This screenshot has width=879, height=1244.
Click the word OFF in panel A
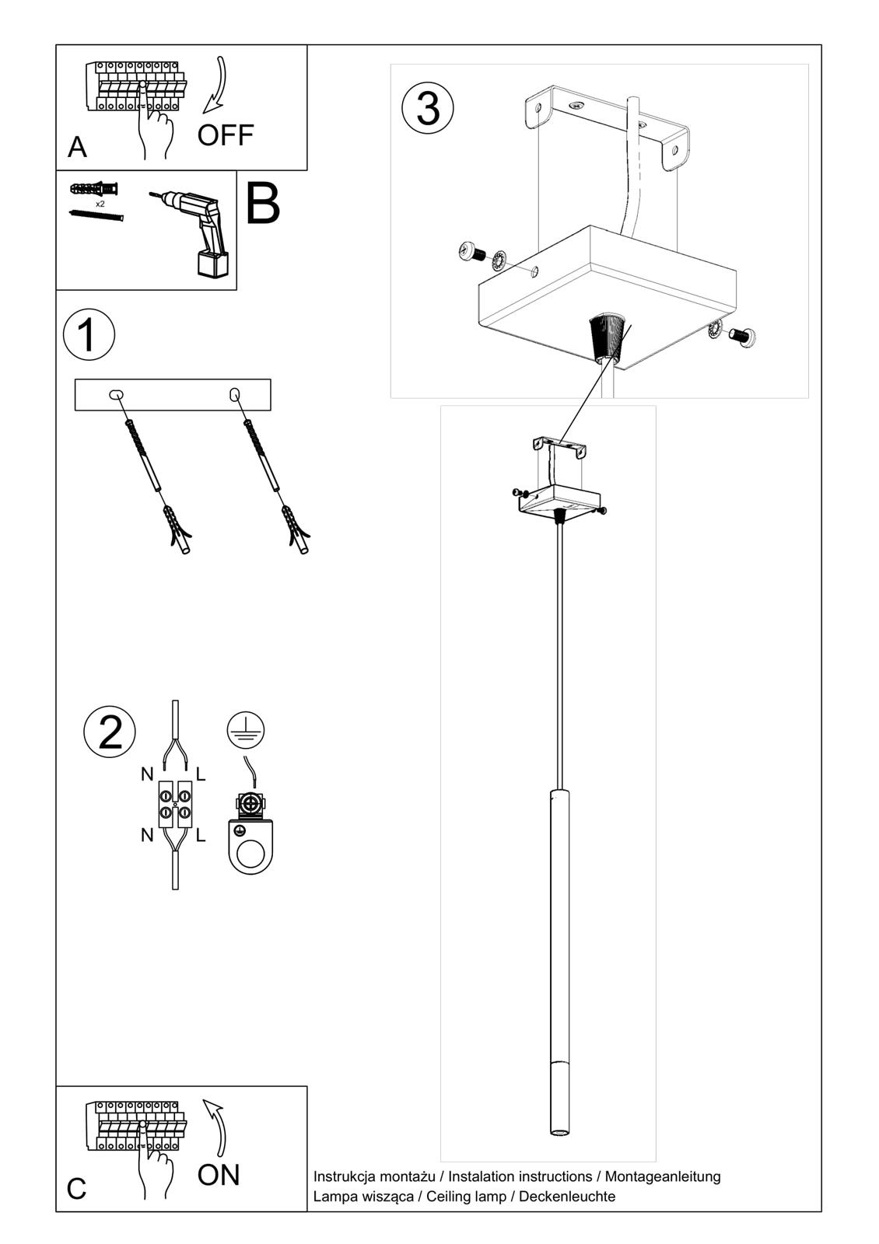click(x=225, y=135)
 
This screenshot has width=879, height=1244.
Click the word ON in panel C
click(x=219, y=1175)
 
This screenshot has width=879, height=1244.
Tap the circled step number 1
click(x=89, y=335)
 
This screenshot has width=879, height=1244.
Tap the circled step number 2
click(x=110, y=732)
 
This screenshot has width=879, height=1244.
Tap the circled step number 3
click(x=428, y=108)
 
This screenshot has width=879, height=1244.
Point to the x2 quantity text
click(x=100, y=204)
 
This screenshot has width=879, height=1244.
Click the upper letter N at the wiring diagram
click(x=147, y=774)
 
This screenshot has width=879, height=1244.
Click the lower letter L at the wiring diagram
click(x=201, y=836)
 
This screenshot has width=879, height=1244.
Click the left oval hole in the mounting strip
click(x=116, y=395)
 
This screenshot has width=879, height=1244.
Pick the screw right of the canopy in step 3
click(x=743, y=337)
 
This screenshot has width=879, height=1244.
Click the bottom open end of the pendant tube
click(x=559, y=1134)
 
